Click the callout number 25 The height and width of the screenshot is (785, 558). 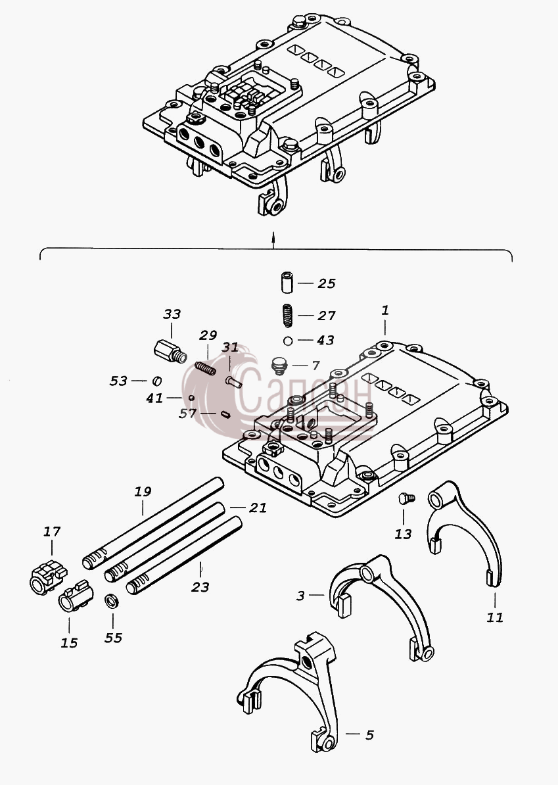[x=326, y=283]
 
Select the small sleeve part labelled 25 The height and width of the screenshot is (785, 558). [x=287, y=282]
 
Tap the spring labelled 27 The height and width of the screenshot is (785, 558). [x=287, y=316]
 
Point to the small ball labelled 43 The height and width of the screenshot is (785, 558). [x=287, y=341]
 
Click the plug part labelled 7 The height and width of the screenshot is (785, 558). [x=278, y=366]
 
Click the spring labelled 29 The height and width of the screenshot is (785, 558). [x=205, y=368]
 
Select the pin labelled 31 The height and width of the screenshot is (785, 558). [x=234, y=382]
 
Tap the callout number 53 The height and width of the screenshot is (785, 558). [x=118, y=381]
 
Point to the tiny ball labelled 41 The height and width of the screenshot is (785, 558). [x=191, y=398]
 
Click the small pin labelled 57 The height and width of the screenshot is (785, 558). [x=225, y=414]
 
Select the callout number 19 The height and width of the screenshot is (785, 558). [x=143, y=492]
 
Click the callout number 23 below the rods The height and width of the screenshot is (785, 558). [x=200, y=586]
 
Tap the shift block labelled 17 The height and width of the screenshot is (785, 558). [x=47, y=577]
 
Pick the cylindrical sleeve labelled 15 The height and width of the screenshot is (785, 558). [x=75, y=596]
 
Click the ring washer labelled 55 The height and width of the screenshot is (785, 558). [x=112, y=601]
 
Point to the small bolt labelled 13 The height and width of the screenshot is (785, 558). [x=406, y=498]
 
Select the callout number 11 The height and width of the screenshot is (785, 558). [x=495, y=617]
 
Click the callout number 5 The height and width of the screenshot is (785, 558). [x=369, y=735]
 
